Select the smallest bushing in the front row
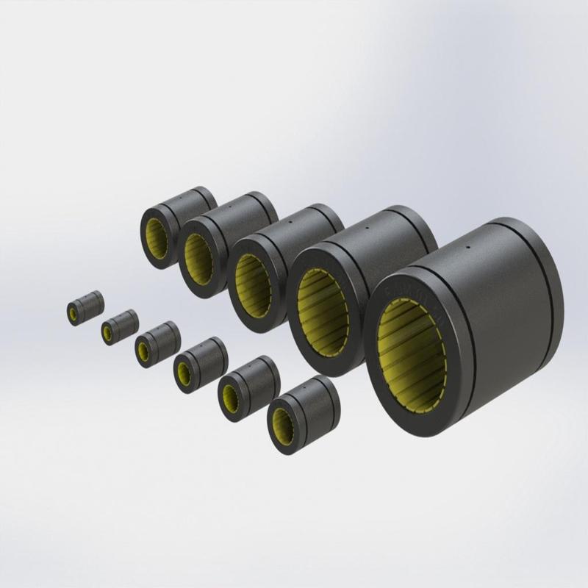(x=84, y=306)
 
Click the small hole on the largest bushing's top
(x=467, y=251)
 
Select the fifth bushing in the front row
(x=246, y=386)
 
